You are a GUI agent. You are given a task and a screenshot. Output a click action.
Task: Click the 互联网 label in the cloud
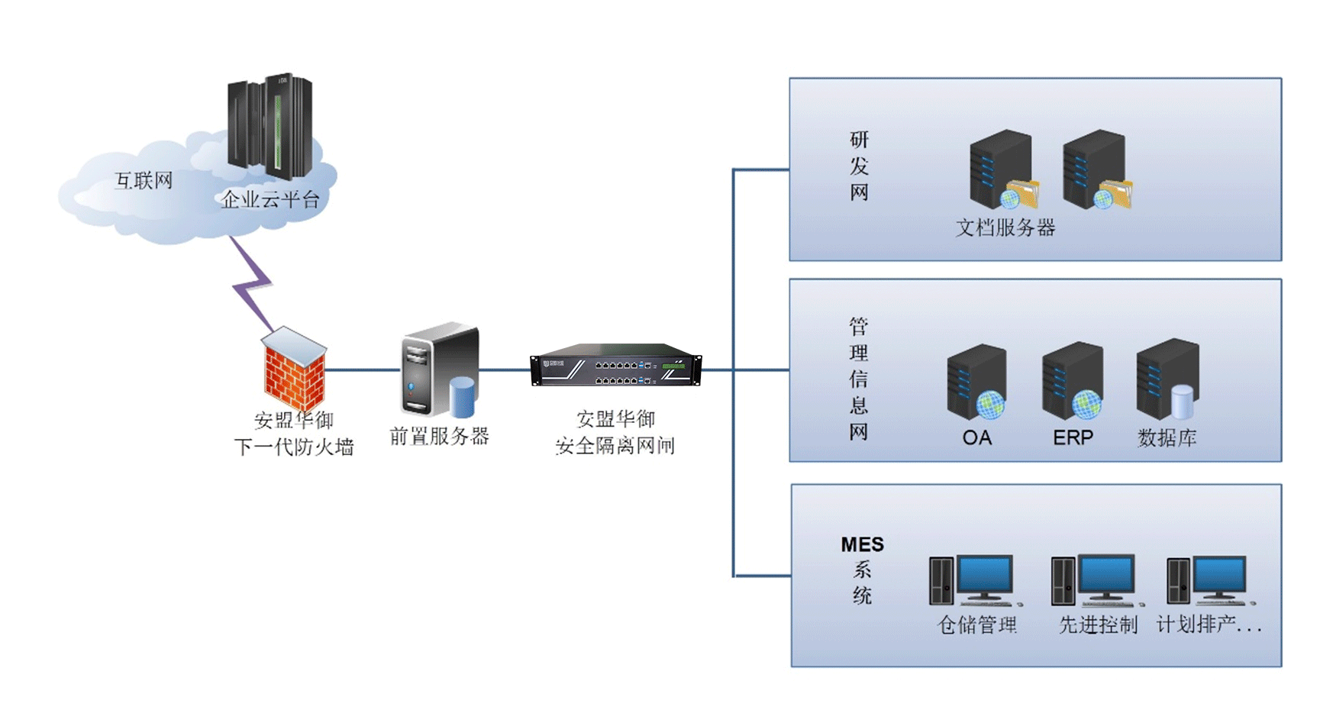[144, 181]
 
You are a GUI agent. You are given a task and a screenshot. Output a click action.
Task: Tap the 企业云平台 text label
[270, 200]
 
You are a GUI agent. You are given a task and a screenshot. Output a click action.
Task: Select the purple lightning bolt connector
[253, 282]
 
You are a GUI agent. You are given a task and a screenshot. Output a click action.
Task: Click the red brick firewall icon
[295, 369]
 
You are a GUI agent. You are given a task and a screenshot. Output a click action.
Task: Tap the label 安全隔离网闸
[615, 447]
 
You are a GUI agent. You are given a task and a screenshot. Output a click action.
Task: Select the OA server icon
[976, 382]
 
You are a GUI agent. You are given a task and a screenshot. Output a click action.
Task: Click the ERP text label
[1073, 437]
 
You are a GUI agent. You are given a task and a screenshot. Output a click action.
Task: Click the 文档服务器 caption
[1005, 227]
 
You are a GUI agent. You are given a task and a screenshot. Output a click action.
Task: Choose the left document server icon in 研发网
[1002, 170]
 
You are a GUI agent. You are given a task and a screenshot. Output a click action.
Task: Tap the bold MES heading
[862, 544]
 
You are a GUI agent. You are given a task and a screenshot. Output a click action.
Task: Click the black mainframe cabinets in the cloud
[270, 126]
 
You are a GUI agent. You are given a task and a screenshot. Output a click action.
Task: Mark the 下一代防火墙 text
[294, 447]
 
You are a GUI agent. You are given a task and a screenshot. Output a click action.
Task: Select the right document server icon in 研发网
[1096, 170]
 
